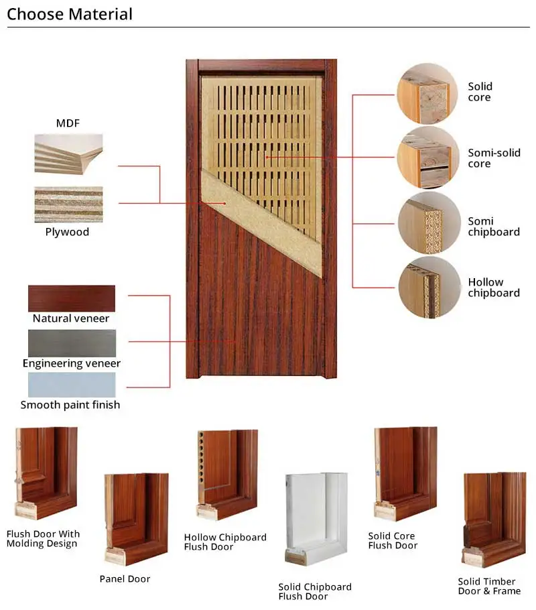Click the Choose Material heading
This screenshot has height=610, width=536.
(x=70, y=14)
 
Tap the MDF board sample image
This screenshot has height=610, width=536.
(x=68, y=154)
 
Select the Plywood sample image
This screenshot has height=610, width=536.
(x=68, y=204)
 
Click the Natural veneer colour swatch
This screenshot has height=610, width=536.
(x=72, y=298)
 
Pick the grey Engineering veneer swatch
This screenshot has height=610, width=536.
(x=72, y=343)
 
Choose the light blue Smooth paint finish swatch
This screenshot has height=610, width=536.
(x=72, y=385)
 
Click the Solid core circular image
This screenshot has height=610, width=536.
(x=428, y=93)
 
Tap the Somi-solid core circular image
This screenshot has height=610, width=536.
(x=428, y=159)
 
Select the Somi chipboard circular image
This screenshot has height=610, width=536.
(x=428, y=223)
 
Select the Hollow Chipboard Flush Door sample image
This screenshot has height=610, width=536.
(x=226, y=475)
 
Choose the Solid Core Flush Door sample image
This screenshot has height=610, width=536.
(x=405, y=474)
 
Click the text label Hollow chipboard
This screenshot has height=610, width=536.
(x=494, y=288)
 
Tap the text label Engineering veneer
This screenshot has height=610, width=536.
(x=72, y=363)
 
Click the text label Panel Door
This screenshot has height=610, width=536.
(x=125, y=578)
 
